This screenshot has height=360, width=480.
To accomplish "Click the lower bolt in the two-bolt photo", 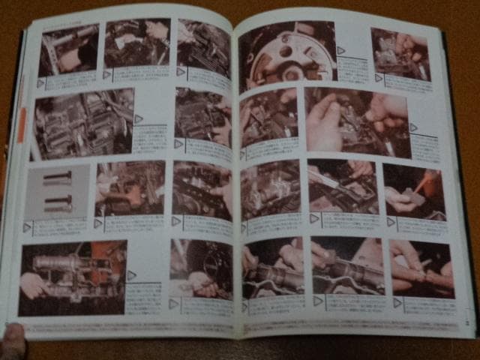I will [x=58, y=202].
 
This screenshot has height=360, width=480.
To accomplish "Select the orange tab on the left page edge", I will [x=22, y=124].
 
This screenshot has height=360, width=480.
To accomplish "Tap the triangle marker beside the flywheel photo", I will [x=341, y=50].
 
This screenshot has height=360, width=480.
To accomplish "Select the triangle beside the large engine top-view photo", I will [x=139, y=118].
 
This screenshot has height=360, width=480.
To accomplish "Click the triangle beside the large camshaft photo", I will [x=132, y=275].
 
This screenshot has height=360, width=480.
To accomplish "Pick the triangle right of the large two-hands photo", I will [x=413, y=127].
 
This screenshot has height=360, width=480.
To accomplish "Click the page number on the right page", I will [x=465, y=324].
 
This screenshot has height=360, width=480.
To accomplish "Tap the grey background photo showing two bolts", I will [x=58, y=191].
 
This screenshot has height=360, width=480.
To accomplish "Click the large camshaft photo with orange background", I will [x=73, y=277].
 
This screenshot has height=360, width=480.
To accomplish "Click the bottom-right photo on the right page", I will [x=421, y=269].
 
